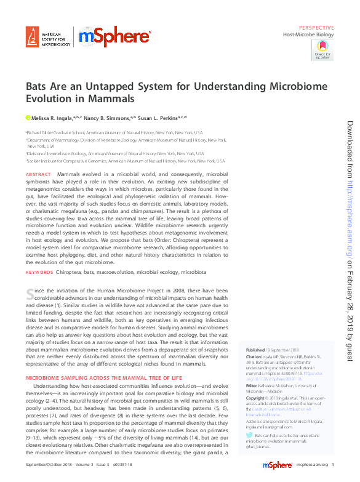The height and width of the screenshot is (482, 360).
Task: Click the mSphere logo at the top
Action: coord(115,38)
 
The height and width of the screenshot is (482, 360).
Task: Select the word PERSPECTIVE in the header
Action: coord(316,28)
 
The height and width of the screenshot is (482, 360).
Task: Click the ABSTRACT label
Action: coord(38,175)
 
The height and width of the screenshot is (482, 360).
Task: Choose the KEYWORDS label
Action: coord(39,271)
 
